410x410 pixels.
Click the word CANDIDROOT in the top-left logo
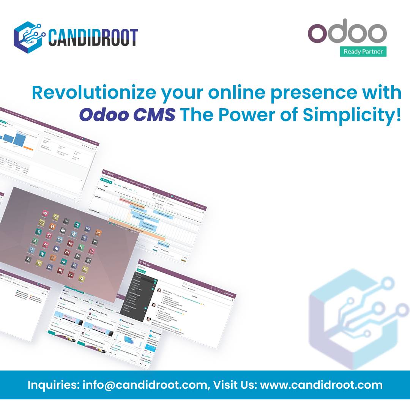click(93, 37)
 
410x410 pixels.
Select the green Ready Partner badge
click(363, 52)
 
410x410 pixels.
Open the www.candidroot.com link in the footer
click(321, 385)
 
